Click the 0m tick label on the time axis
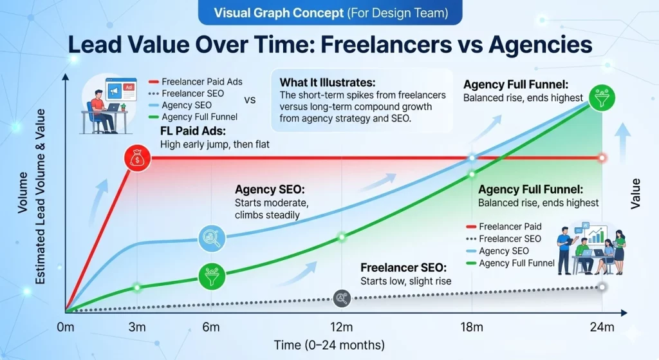tap(65, 327)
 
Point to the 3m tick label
tap(136, 327)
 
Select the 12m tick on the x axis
tap(342, 327)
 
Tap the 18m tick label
tap(472, 327)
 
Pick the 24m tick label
tap(602, 327)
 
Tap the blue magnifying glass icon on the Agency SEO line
tap(211, 238)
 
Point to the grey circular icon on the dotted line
tap(342, 297)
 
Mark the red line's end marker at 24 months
tap(602, 158)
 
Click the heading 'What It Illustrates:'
tap(326, 82)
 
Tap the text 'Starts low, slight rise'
tap(406, 281)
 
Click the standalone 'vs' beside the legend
tap(250, 100)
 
